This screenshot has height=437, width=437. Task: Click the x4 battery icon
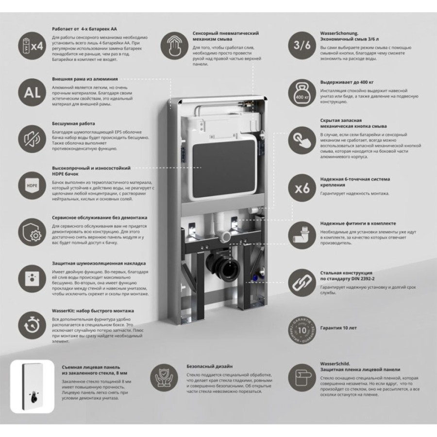tap(32, 46)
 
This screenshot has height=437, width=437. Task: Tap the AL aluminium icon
tap(32, 93)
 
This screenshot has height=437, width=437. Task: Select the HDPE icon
tap(32, 185)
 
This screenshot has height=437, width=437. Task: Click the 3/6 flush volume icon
tap(302, 45)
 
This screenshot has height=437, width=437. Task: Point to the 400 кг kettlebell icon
tap(302, 93)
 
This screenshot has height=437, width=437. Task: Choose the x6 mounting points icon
tap(302, 188)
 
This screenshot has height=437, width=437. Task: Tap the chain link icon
tap(302, 283)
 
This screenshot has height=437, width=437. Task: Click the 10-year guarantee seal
tap(302, 330)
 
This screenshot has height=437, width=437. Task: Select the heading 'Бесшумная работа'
tap(73, 123)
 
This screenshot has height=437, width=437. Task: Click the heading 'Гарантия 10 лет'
tap(338, 328)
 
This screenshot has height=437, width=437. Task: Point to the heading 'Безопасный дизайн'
tap(210, 367)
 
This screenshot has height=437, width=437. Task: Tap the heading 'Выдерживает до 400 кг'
tap(347, 83)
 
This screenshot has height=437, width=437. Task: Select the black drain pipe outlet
tap(224, 266)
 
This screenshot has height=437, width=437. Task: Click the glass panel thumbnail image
tap(33, 387)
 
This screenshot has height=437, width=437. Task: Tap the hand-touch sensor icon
tap(174, 45)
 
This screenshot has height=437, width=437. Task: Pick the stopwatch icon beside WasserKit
tap(32, 325)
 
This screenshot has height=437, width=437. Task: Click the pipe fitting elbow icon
tap(302, 235)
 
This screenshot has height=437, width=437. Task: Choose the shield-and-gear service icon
tap(32, 232)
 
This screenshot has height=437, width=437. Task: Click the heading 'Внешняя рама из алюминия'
tap(84, 79)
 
